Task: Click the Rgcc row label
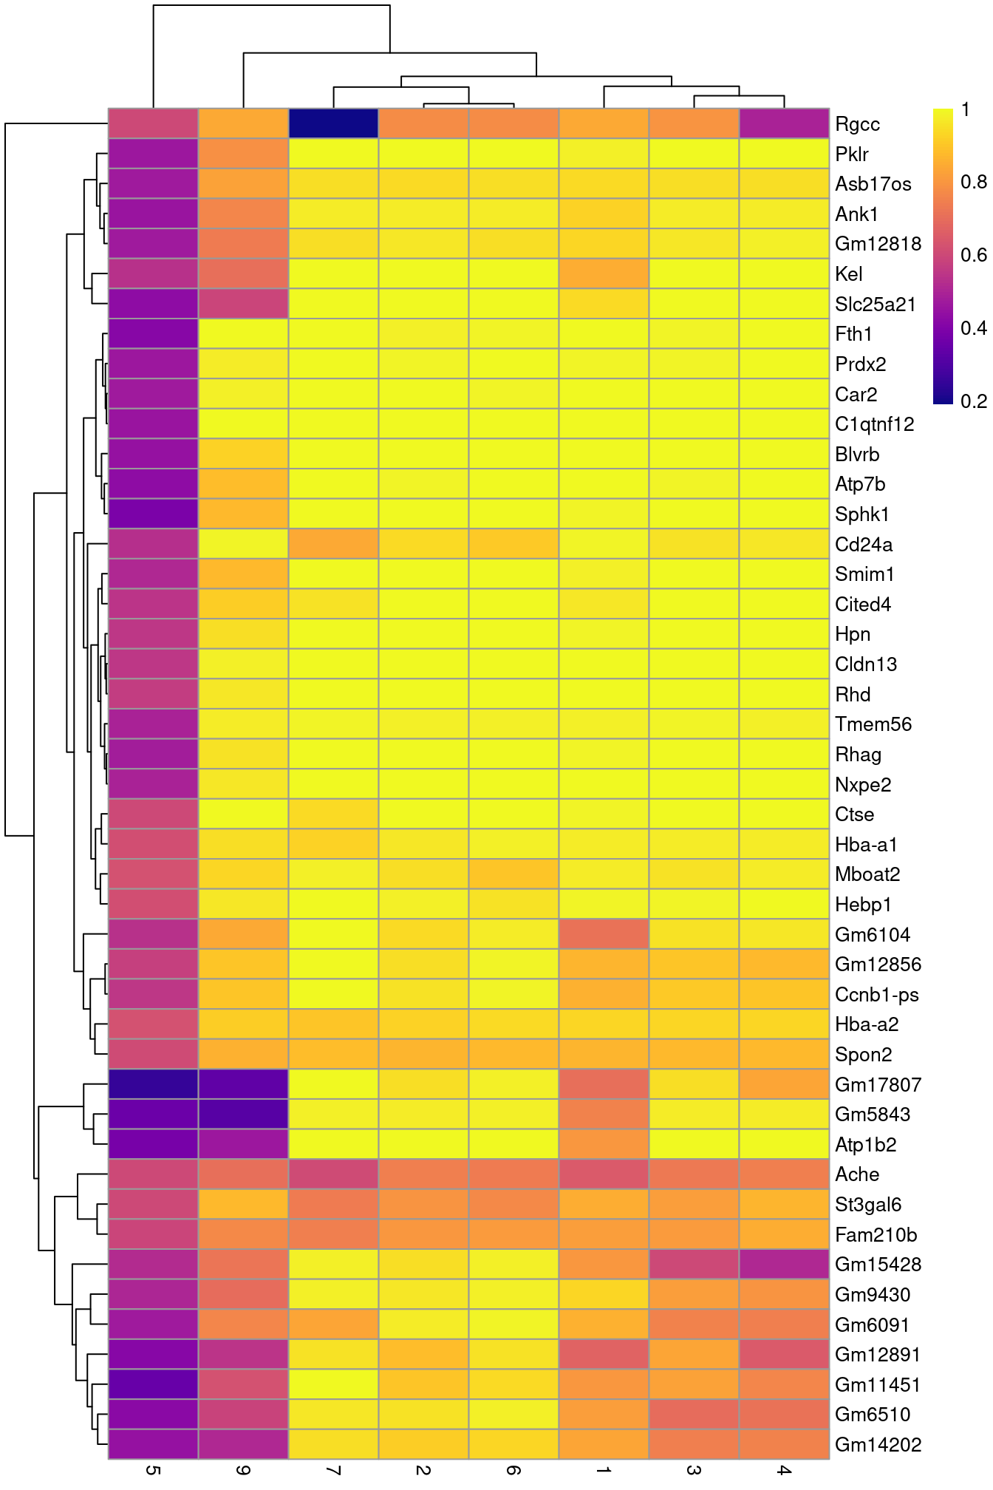pyautogui.click(x=857, y=124)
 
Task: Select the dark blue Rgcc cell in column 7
pyautogui.click(x=333, y=123)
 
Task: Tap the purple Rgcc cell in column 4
pyautogui.click(x=784, y=123)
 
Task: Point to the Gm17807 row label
pyautogui.click(x=878, y=1085)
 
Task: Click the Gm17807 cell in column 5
pyautogui.click(x=153, y=1084)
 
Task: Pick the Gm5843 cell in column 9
pyautogui.click(x=243, y=1114)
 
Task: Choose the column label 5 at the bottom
pyautogui.click(x=153, y=1471)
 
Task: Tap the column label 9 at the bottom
pyautogui.click(x=243, y=1471)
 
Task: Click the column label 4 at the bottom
pyautogui.click(x=784, y=1471)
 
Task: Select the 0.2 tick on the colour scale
pyautogui.click(x=974, y=401)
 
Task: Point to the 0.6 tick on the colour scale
pyautogui.click(x=974, y=255)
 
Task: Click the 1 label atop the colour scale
pyautogui.click(x=966, y=110)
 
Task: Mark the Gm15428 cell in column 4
pyautogui.click(x=784, y=1264)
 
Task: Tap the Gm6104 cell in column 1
pyautogui.click(x=604, y=934)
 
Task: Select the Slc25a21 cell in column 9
pyautogui.click(x=243, y=304)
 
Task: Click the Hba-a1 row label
pyautogui.click(x=866, y=845)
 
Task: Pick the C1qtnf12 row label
pyautogui.click(x=874, y=424)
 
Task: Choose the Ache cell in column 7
pyautogui.click(x=333, y=1174)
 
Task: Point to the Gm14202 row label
pyautogui.click(x=878, y=1445)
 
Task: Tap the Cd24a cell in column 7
pyautogui.click(x=333, y=544)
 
